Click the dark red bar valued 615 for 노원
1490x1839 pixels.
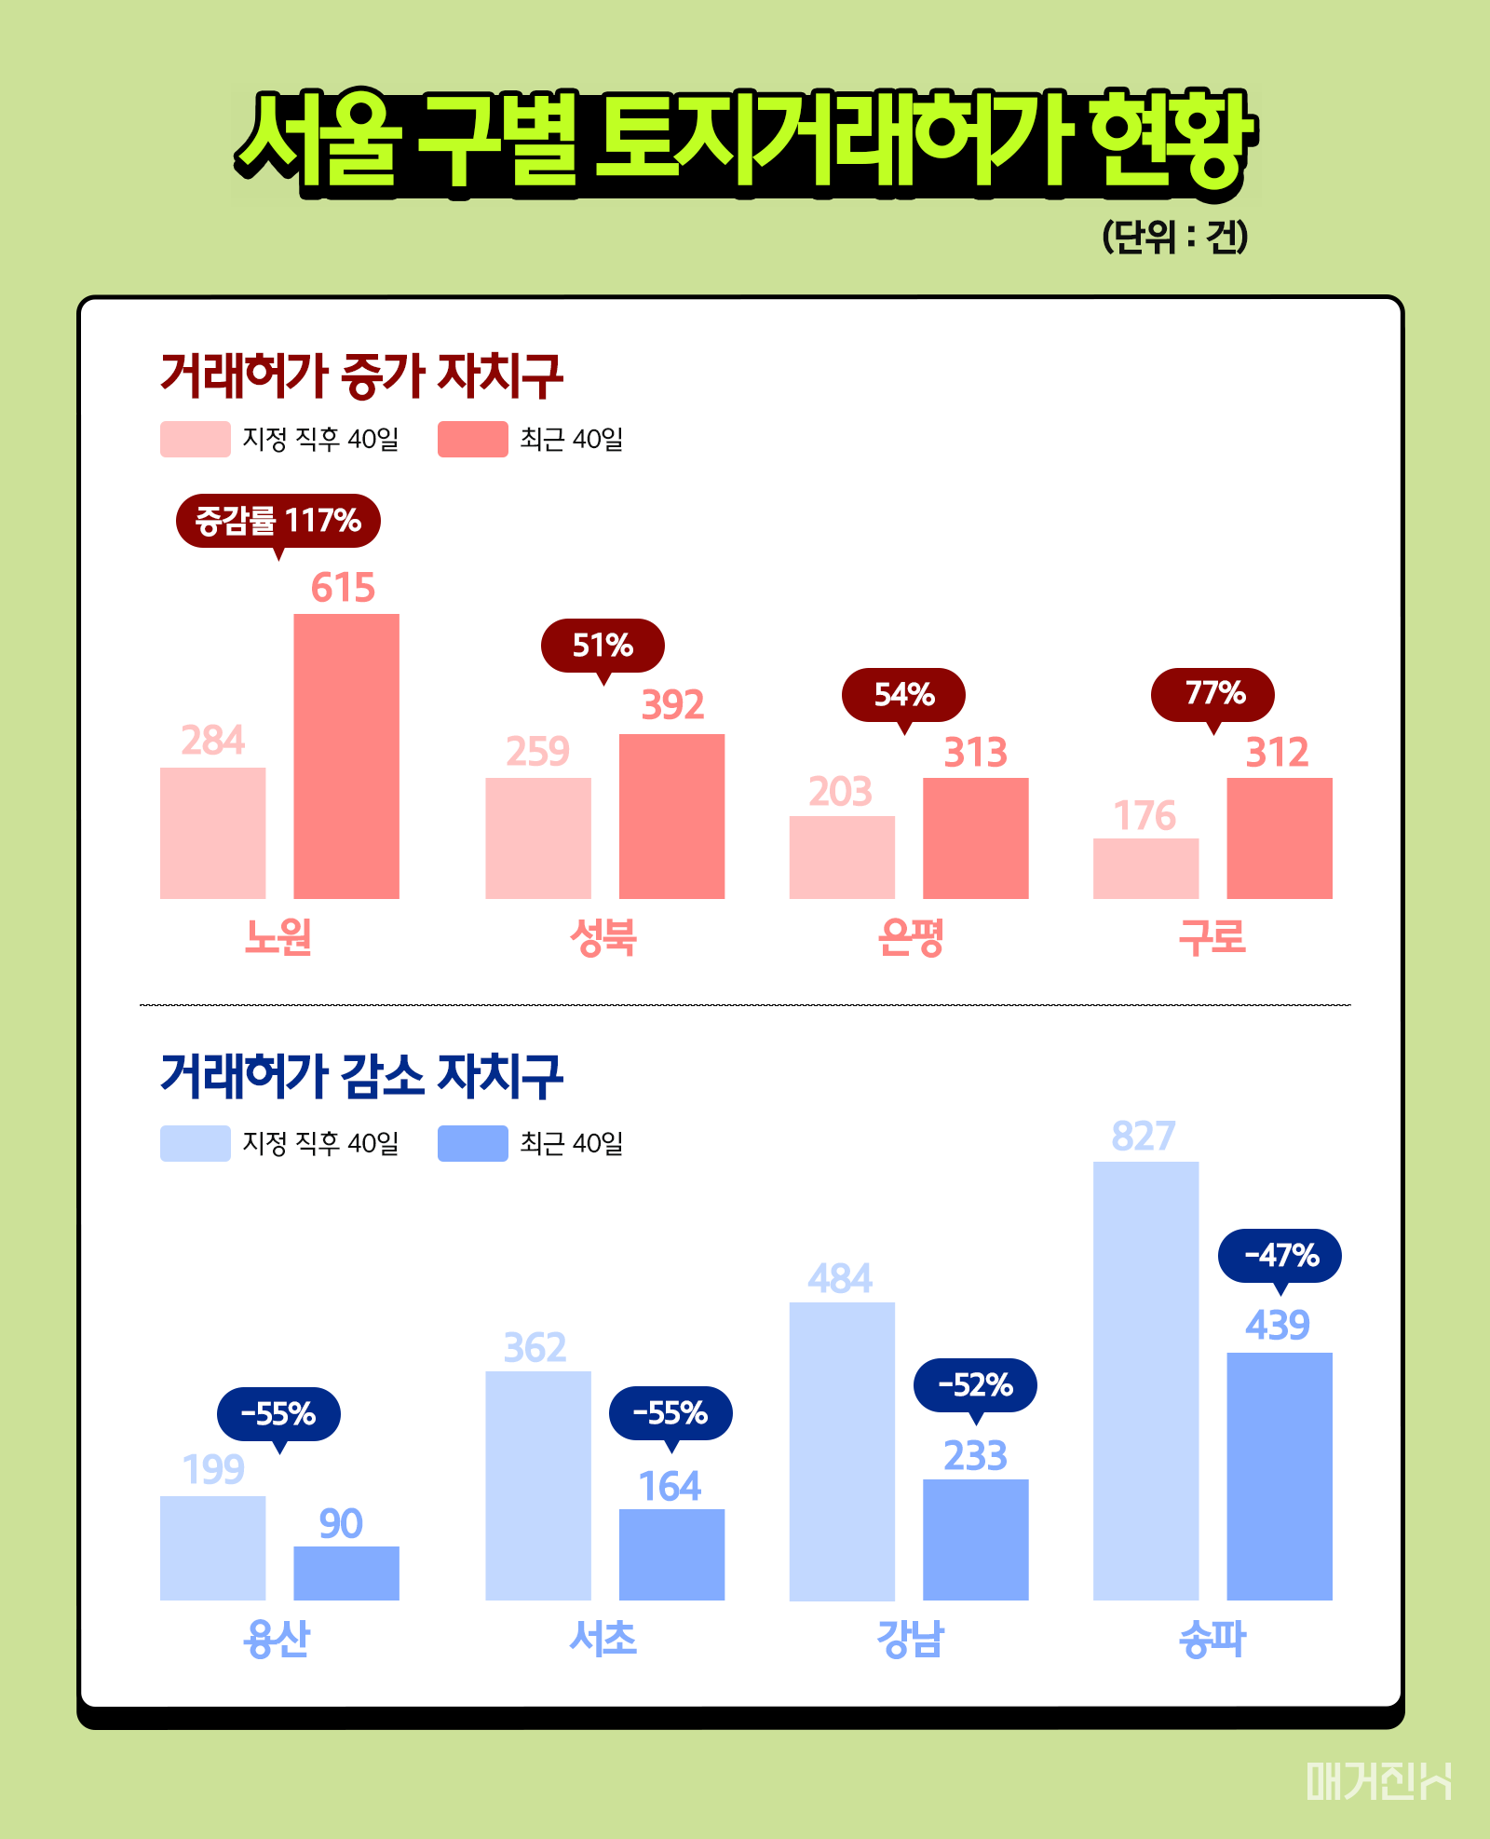pos(346,756)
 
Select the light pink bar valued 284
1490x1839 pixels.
pos(212,833)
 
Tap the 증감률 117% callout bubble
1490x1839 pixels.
pos(278,521)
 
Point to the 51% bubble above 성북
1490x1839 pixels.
pos(603,645)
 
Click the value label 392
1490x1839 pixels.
pos(672,705)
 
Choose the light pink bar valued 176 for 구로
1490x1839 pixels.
pos(1145,868)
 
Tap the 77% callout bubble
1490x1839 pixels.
pos(1212,694)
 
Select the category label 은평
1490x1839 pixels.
pos(910,936)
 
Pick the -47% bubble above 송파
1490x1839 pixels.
pos(1280,1256)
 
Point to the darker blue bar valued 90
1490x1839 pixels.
pos(346,1573)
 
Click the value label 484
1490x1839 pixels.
pos(840,1278)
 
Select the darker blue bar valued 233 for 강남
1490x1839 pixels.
pos(975,1539)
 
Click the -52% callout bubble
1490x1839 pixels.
pos(975,1385)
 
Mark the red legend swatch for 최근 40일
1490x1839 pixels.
pos(473,439)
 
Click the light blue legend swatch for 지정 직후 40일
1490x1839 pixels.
pos(195,1143)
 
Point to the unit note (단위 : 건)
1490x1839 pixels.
pos(1174,237)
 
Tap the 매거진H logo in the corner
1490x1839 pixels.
pos(1377,1780)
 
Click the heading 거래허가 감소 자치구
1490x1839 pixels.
pos(361,1075)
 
